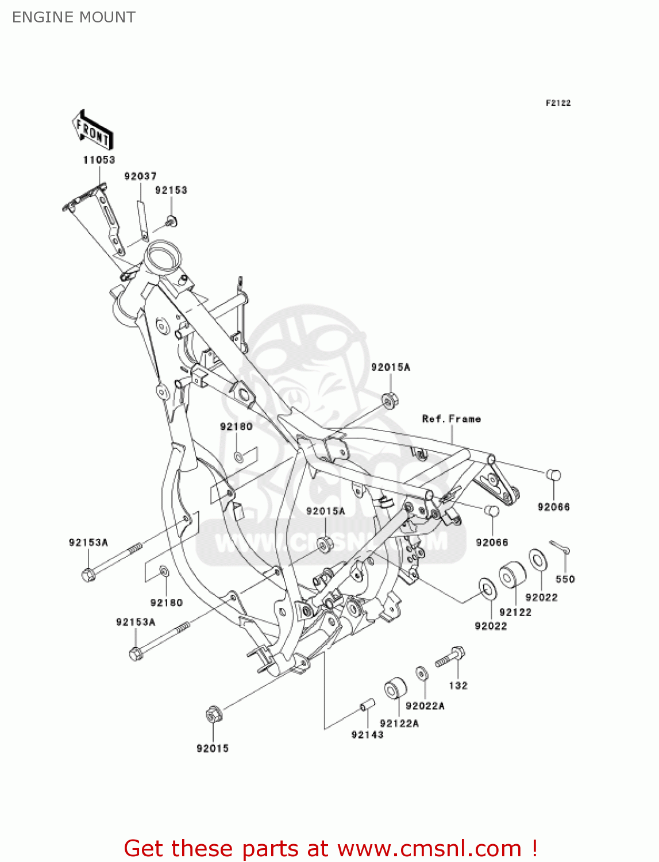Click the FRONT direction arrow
pos(93,131)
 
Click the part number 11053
pos(99,160)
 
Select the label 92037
pos(140,176)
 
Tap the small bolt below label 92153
pos(171,221)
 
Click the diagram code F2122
pos(558,103)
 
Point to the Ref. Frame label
pos(451,419)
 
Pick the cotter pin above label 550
pos(560,547)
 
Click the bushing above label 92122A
pos(395,688)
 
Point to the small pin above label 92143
pos(367,705)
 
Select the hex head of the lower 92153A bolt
pos(136,654)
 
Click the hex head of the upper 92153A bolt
pos(88,574)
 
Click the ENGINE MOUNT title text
pos(74,17)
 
